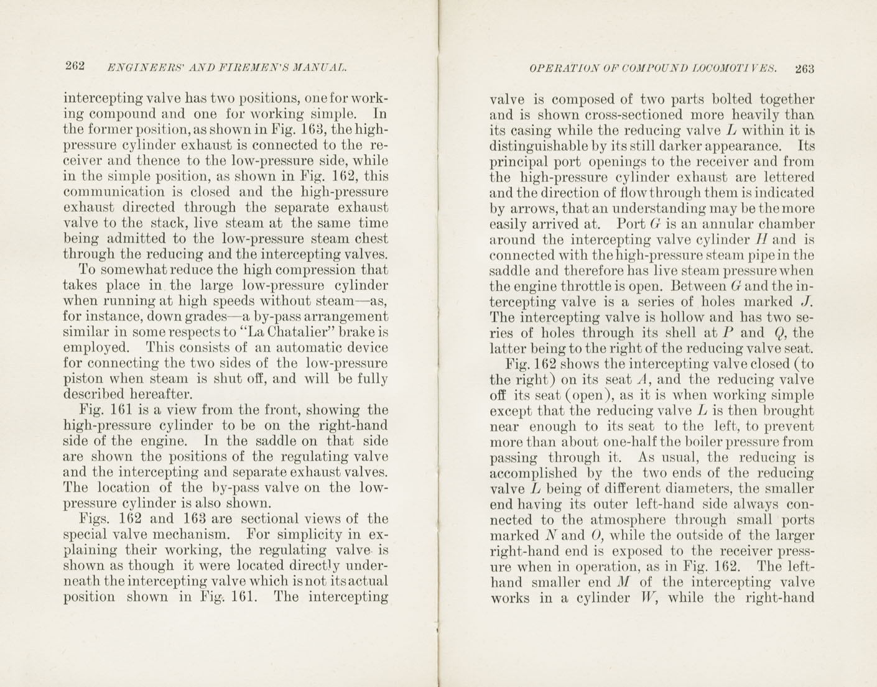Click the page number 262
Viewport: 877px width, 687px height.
pyautogui.click(x=75, y=67)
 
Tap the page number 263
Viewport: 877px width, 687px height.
pyautogui.click(x=804, y=68)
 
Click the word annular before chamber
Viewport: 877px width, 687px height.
pyautogui.click(x=725, y=224)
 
